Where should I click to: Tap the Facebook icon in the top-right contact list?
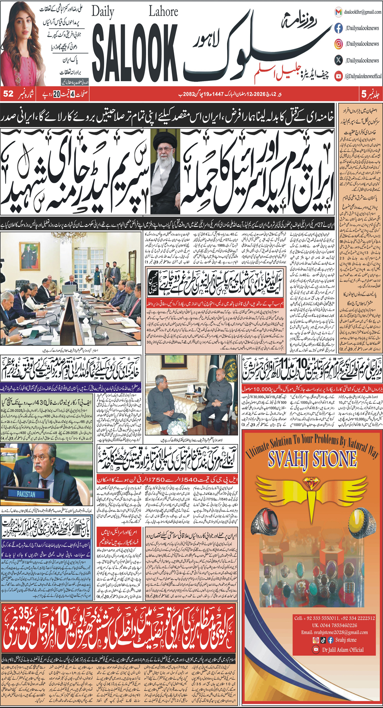(x=339, y=28)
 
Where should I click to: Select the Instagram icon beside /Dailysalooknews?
(x=339, y=44)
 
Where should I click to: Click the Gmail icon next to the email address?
(x=339, y=12)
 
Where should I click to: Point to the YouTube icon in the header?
(x=339, y=76)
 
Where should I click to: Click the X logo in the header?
(x=339, y=60)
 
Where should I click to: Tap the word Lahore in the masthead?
(x=163, y=12)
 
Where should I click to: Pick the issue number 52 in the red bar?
(x=8, y=94)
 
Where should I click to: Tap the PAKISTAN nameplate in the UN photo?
(x=26, y=494)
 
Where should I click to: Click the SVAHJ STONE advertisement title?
(x=312, y=459)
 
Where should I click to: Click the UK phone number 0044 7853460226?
(x=334, y=625)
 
